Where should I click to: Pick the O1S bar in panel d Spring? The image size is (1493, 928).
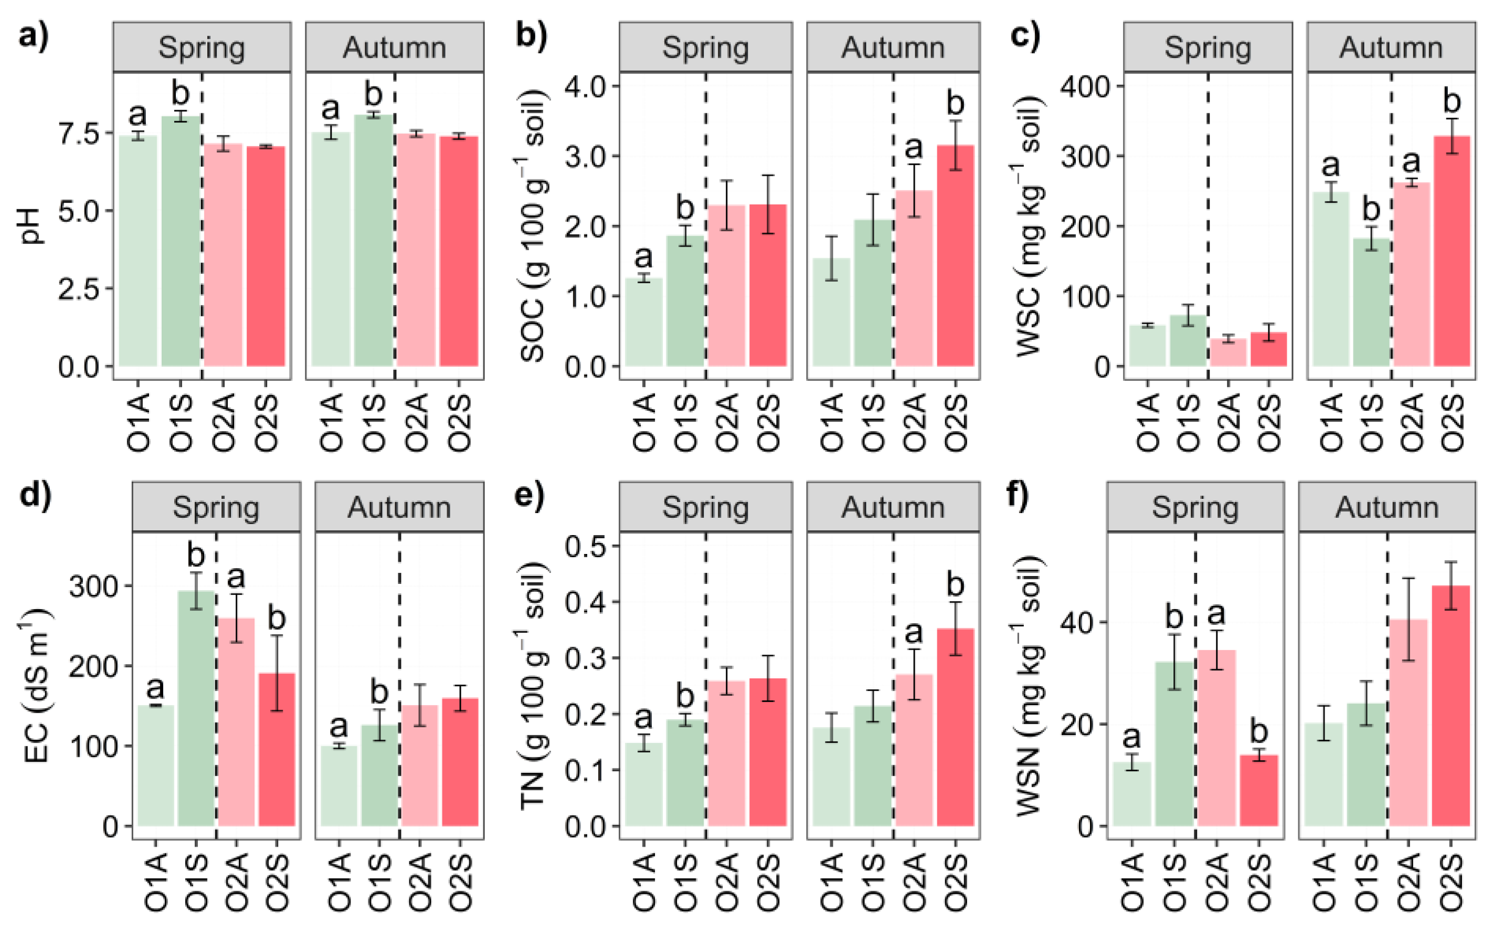[196, 708]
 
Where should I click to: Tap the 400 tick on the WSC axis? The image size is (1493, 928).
[1084, 87]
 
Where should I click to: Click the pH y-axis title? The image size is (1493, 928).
[29, 226]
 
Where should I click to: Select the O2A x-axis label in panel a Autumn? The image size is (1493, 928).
[416, 423]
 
